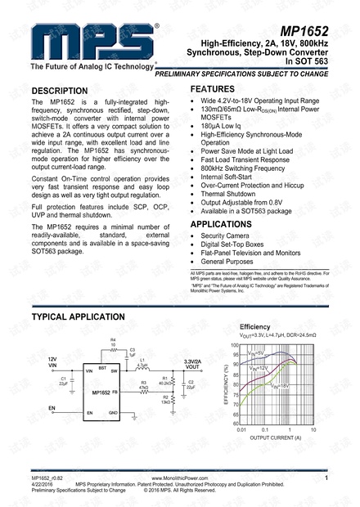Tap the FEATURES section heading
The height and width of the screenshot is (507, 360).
tap(218, 87)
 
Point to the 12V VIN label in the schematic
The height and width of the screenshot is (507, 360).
tap(52, 362)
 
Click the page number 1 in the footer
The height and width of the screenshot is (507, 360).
tap(326, 489)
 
